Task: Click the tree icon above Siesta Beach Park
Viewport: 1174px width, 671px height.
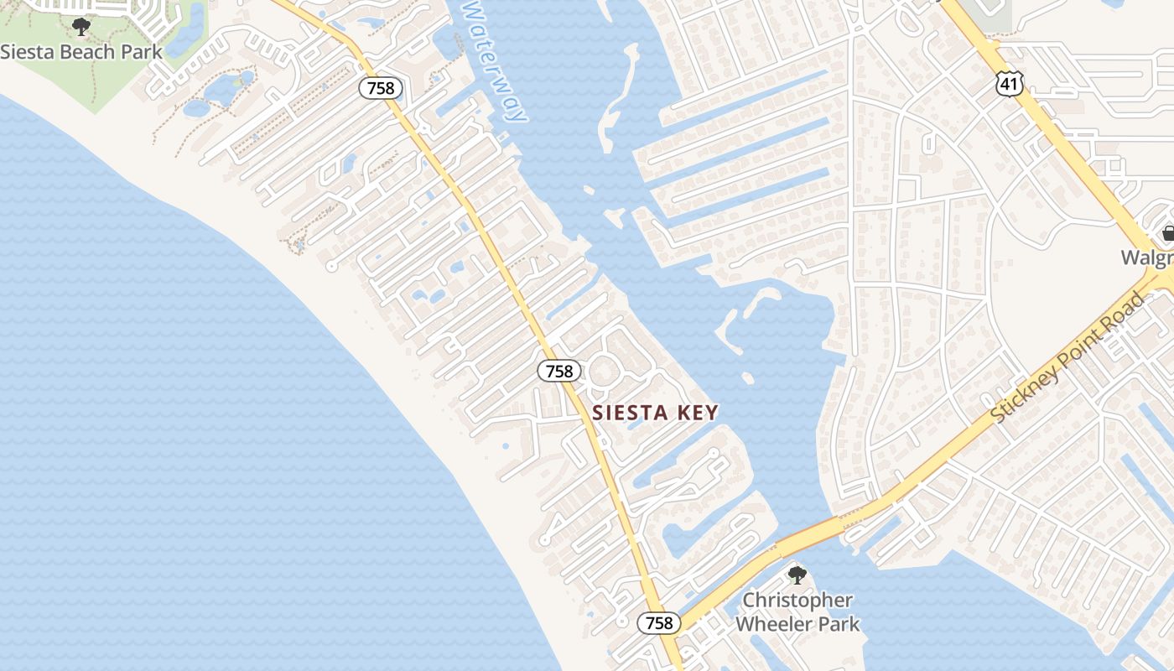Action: pyautogui.click(x=81, y=27)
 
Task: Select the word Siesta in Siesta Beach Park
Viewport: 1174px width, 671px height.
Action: pyautogui.click(x=26, y=51)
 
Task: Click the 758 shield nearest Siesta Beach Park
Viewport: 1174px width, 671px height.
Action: pyautogui.click(x=382, y=88)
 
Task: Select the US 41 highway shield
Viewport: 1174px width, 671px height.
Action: pyautogui.click(x=1009, y=81)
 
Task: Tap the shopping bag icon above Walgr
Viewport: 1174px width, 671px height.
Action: pyautogui.click(x=1168, y=233)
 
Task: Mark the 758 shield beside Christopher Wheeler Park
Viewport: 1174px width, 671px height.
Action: pyautogui.click(x=659, y=622)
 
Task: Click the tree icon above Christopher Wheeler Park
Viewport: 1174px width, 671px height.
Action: pyautogui.click(x=797, y=575)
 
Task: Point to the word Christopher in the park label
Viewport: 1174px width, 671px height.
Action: pyautogui.click(x=797, y=601)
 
